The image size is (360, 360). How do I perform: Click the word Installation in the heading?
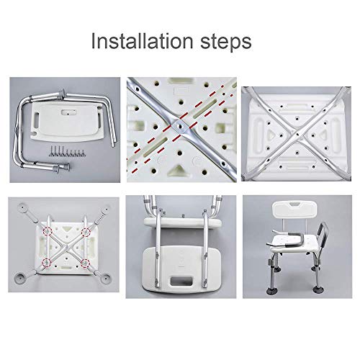142,41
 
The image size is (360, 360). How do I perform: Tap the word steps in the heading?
226,42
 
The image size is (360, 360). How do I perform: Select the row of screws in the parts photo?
67,153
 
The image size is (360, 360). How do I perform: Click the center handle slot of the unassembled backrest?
69,112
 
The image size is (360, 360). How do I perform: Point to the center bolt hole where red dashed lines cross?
179,125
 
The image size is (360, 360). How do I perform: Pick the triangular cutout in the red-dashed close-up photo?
177,170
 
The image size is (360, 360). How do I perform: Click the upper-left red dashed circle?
48,231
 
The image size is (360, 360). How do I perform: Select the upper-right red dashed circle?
86,233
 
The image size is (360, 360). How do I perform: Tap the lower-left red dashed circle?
46,263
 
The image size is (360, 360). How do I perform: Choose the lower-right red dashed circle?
85,264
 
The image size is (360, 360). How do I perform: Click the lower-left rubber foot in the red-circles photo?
20,278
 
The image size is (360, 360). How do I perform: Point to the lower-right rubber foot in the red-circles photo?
106,279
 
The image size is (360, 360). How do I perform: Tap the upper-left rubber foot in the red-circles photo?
22,206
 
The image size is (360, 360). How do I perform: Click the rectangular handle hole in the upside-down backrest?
181,281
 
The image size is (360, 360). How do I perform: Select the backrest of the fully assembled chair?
294,210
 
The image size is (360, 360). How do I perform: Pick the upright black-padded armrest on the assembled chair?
318,232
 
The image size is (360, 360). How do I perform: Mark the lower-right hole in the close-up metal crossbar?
224,163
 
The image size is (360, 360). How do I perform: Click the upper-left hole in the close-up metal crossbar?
138,90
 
